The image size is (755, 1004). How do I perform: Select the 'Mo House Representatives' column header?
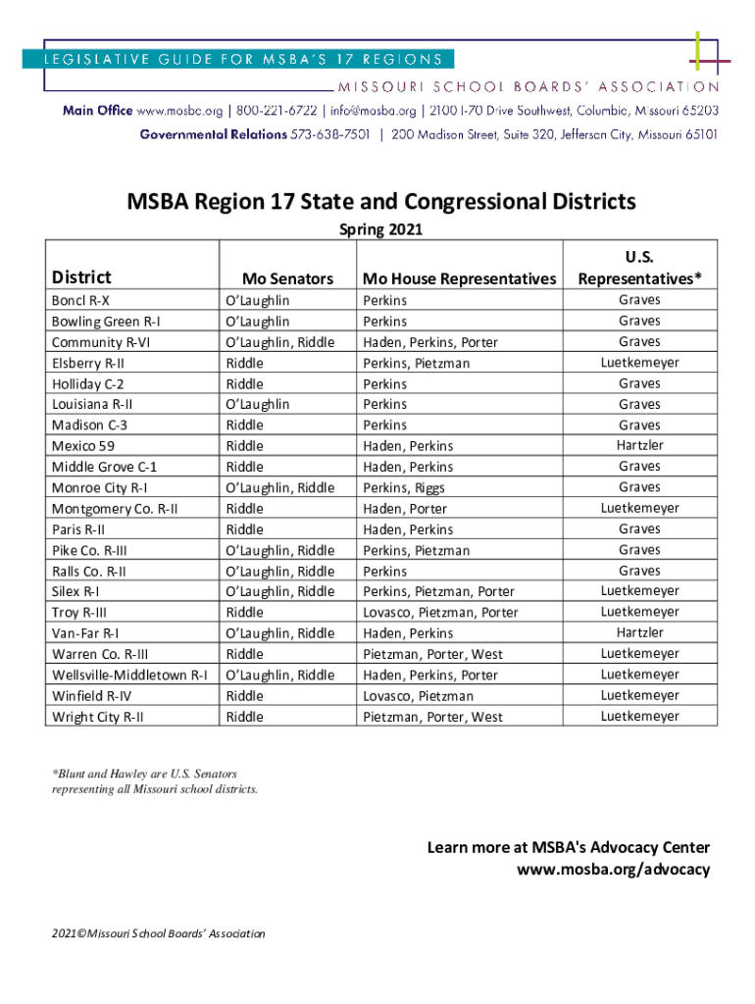pyautogui.click(x=459, y=278)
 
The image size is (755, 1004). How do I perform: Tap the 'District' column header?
pyautogui.click(x=81, y=277)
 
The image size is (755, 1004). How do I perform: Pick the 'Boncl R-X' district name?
pyautogui.click(x=80, y=301)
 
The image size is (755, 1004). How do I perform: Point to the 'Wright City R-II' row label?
pyautogui.click(x=98, y=717)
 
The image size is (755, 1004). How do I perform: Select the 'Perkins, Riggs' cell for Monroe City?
pyautogui.click(x=403, y=487)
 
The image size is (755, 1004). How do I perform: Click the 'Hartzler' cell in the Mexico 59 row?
pyautogui.click(x=639, y=445)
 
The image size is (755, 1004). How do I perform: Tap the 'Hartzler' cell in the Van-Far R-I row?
pyautogui.click(x=639, y=632)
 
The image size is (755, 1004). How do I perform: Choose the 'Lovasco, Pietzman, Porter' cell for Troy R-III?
pyautogui.click(x=440, y=613)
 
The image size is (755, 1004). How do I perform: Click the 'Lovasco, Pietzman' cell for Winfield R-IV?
pyautogui.click(x=418, y=696)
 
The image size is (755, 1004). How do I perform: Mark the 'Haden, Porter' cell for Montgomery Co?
pyautogui.click(x=405, y=509)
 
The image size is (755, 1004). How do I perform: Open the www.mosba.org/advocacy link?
pyautogui.click(x=613, y=870)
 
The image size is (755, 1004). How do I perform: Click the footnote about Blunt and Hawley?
pyautogui.click(x=155, y=781)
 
